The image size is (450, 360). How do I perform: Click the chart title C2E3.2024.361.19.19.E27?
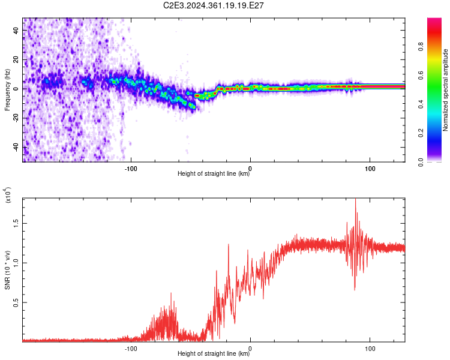point(213,5)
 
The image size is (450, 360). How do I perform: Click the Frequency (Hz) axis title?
point(7,90)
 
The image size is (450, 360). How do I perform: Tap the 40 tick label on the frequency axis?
point(16,31)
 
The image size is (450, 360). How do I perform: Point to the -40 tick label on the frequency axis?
point(16,148)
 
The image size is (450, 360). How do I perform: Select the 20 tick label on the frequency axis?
point(16,60)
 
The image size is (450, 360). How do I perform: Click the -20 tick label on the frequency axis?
point(16,118)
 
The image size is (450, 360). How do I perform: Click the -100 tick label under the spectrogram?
point(131,169)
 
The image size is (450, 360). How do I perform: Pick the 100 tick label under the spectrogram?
point(370,169)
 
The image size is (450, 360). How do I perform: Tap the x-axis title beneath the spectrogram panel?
point(214,173)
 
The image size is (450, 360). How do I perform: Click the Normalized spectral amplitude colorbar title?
point(445,90)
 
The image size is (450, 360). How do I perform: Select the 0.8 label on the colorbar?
point(421,47)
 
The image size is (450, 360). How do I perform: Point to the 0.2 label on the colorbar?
point(421,133)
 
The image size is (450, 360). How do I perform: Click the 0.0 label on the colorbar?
point(421,162)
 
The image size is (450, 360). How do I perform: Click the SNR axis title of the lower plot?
point(7,270)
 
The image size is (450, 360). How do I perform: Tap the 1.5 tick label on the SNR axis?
point(16,223)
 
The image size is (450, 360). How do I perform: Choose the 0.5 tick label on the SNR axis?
point(16,302)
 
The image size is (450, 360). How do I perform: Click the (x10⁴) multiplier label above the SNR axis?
point(8,195)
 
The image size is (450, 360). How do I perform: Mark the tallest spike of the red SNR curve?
point(356,199)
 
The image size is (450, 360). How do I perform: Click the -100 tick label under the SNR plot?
point(131,349)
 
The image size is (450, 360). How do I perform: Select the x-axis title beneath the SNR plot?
point(214,353)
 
